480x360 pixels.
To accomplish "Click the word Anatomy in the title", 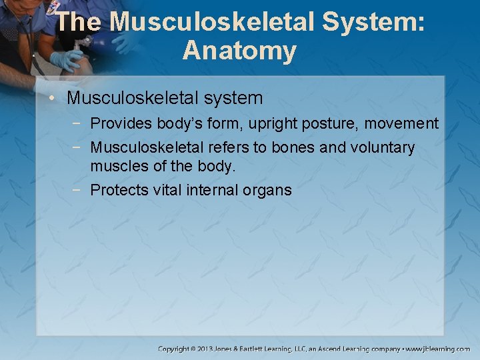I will point(239,51).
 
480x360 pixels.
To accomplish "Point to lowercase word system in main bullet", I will point(229,99).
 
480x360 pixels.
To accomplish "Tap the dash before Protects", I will point(81,190).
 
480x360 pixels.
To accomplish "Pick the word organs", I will point(269,191).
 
